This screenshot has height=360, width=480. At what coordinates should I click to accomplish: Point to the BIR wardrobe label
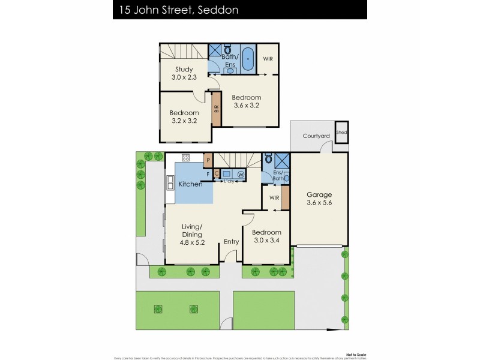tap(216, 109)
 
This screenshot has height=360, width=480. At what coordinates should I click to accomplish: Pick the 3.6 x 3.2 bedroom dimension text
tap(247, 106)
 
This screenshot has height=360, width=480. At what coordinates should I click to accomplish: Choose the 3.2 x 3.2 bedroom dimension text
tap(184, 121)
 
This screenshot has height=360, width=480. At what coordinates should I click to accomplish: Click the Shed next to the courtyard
tap(341, 133)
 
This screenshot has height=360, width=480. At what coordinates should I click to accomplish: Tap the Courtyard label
tap(316, 136)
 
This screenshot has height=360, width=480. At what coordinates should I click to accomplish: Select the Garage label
tap(319, 195)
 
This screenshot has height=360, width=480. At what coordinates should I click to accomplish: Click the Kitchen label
tap(191, 184)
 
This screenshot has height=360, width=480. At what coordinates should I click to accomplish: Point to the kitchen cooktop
tap(186, 158)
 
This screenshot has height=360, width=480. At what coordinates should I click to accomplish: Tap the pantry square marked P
tap(208, 160)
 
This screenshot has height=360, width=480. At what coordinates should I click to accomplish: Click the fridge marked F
tap(208, 174)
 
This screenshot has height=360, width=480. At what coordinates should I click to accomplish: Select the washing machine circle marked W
tap(241, 175)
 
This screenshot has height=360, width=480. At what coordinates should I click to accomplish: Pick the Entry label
tap(231, 242)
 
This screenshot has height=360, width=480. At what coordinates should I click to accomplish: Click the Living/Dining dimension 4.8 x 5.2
tap(193, 243)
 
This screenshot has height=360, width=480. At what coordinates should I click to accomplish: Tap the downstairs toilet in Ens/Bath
tap(268, 159)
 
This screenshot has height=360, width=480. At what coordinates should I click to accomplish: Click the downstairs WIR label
tap(275, 197)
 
